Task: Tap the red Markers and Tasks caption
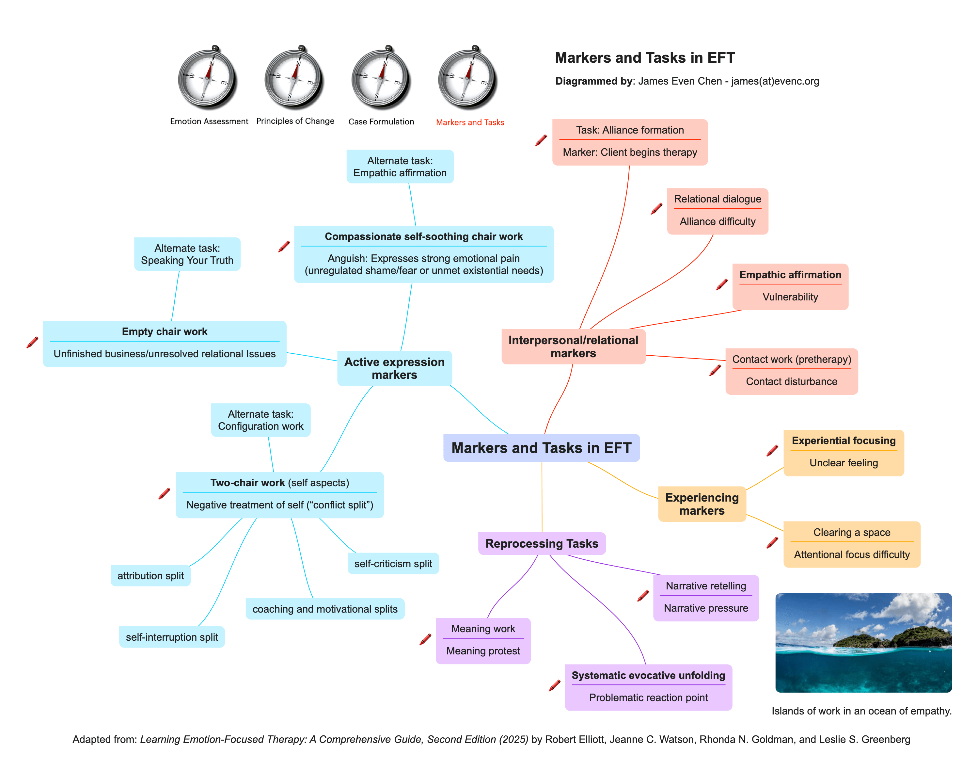click(470, 122)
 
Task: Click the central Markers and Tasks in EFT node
click(541, 448)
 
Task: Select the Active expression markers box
click(394, 368)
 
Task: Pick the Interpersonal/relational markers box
click(573, 346)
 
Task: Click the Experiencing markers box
click(702, 504)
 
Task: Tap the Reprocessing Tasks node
click(541, 543)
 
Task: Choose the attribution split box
click(150, 576)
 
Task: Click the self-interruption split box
click(172, 637)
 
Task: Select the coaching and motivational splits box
click(324, 609)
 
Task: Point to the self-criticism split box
click(393, 564)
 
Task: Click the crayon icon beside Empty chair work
click(32, 343)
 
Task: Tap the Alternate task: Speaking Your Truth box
click(187, 254)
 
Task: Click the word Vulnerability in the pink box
click(790, 297)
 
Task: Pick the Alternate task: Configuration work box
click(260, 420)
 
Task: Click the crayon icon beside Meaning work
click(425, 639)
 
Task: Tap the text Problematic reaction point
click(648, 698)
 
